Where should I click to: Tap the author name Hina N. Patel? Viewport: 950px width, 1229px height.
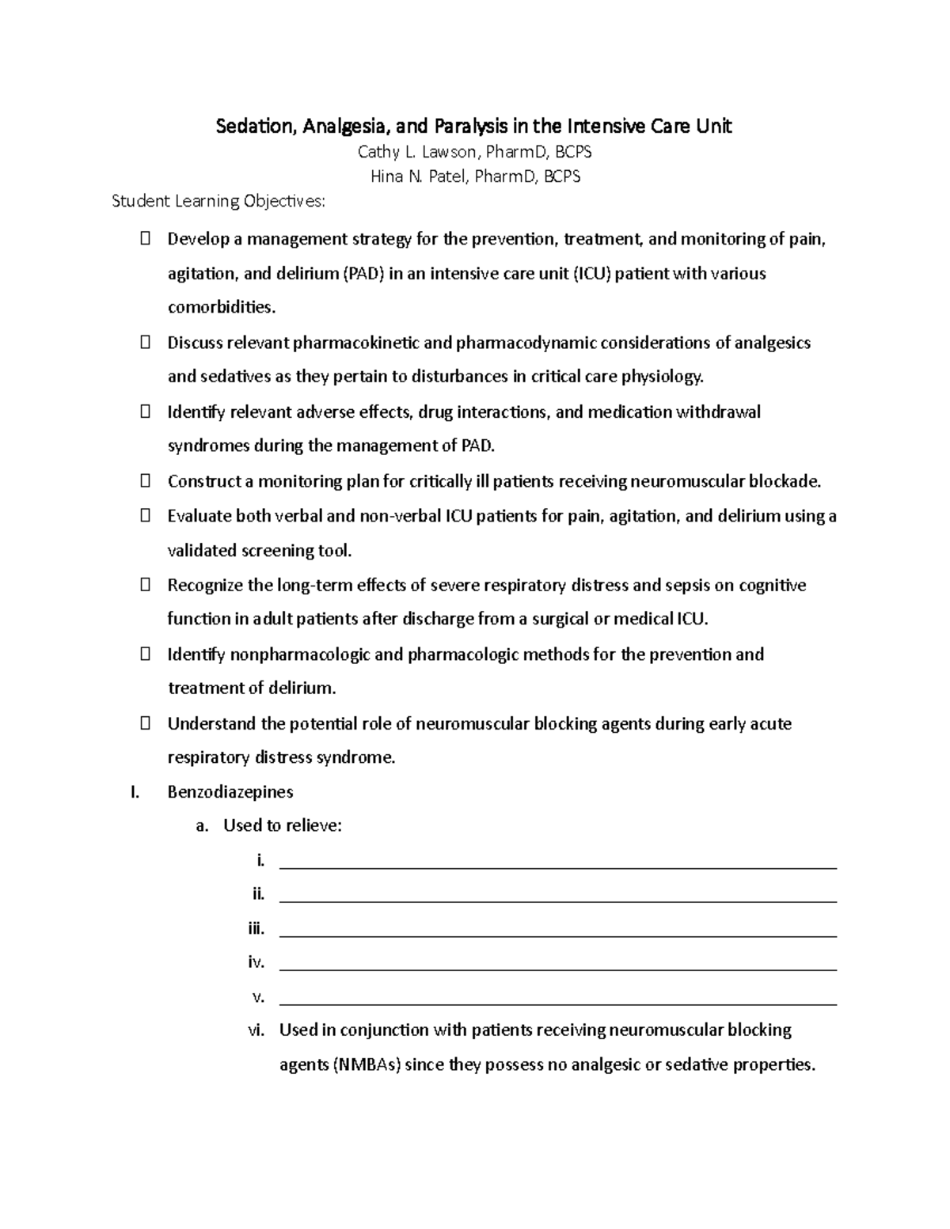pyautogui.click(x=420, y=176)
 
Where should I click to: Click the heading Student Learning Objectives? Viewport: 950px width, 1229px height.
pyautogui.click(x=218, y=201)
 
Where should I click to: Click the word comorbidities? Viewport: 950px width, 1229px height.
pyautogui.click(x=222, y=307)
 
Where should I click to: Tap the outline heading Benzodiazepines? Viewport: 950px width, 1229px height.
pyautogui.click(x=230, y=791)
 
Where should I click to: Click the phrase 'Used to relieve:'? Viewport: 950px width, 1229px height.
pyautogui.click(x=283, y=825)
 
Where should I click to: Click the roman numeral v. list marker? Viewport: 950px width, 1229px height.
pyautogui.click(x=257, y=996)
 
